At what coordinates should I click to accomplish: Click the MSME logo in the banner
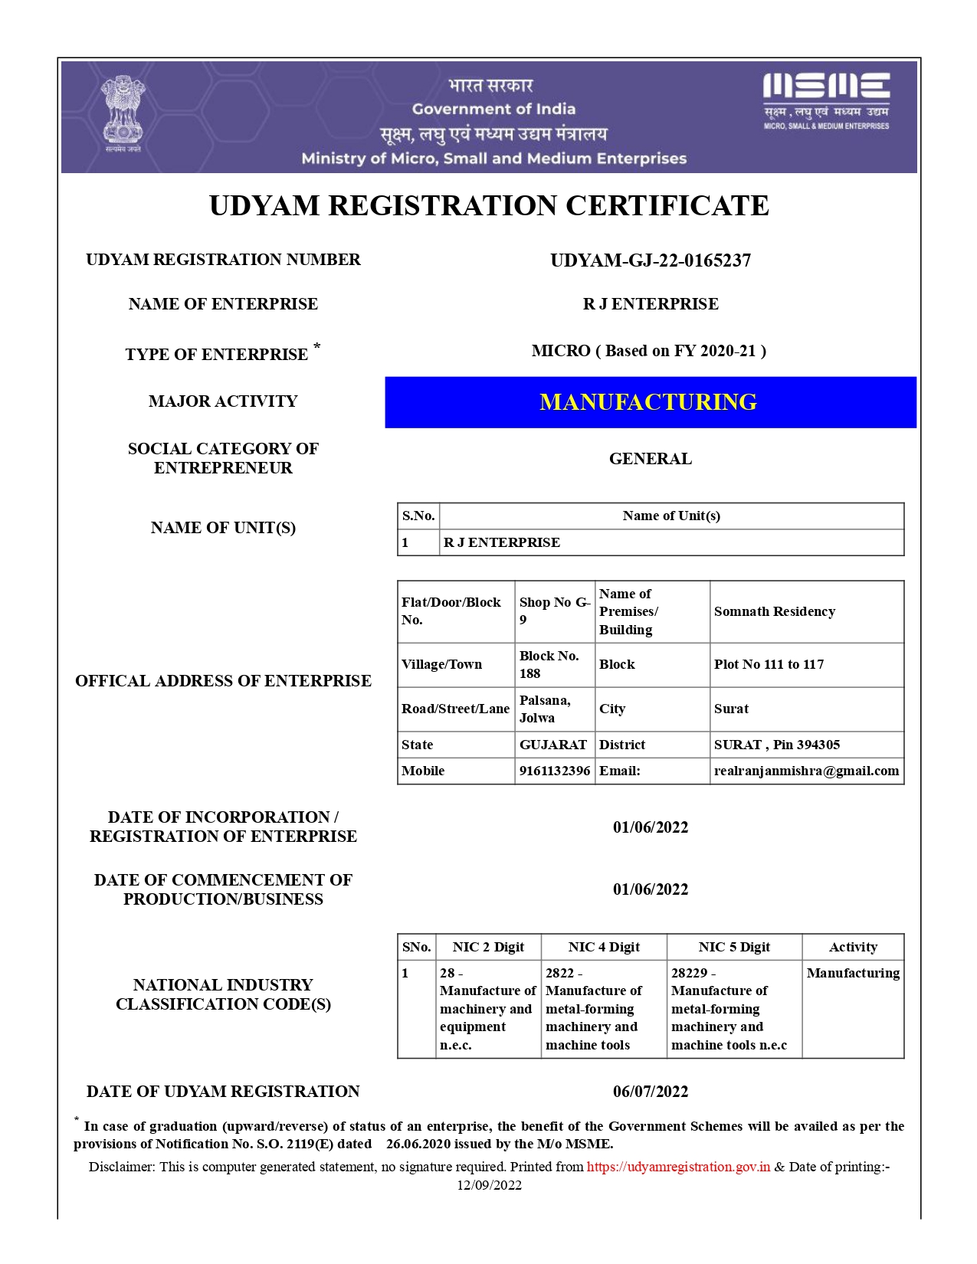(826, 101)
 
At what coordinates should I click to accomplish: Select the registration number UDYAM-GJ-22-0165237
(651, 260)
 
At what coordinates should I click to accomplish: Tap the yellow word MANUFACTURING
(648, 402)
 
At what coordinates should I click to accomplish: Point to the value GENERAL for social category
(651, 459)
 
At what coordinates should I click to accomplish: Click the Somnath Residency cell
(775, 611)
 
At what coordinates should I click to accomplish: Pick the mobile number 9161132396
(555, 771)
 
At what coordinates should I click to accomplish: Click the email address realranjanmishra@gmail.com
(806, 771)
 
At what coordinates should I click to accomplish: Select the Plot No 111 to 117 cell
(769, 664)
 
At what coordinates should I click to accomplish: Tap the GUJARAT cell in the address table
(553, 745)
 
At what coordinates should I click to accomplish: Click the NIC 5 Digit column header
(734, 947)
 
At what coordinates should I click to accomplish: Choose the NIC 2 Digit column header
(488, 947)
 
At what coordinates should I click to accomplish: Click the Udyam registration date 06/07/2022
(651, 1092)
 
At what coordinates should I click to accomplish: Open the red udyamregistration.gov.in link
(678, 1167)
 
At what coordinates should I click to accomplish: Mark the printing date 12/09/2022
(490, 1185)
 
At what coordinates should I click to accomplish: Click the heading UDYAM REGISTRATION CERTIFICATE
(489, 206)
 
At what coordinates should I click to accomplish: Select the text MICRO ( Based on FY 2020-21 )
(649, 351)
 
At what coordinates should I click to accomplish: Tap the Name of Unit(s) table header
(671, 516)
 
